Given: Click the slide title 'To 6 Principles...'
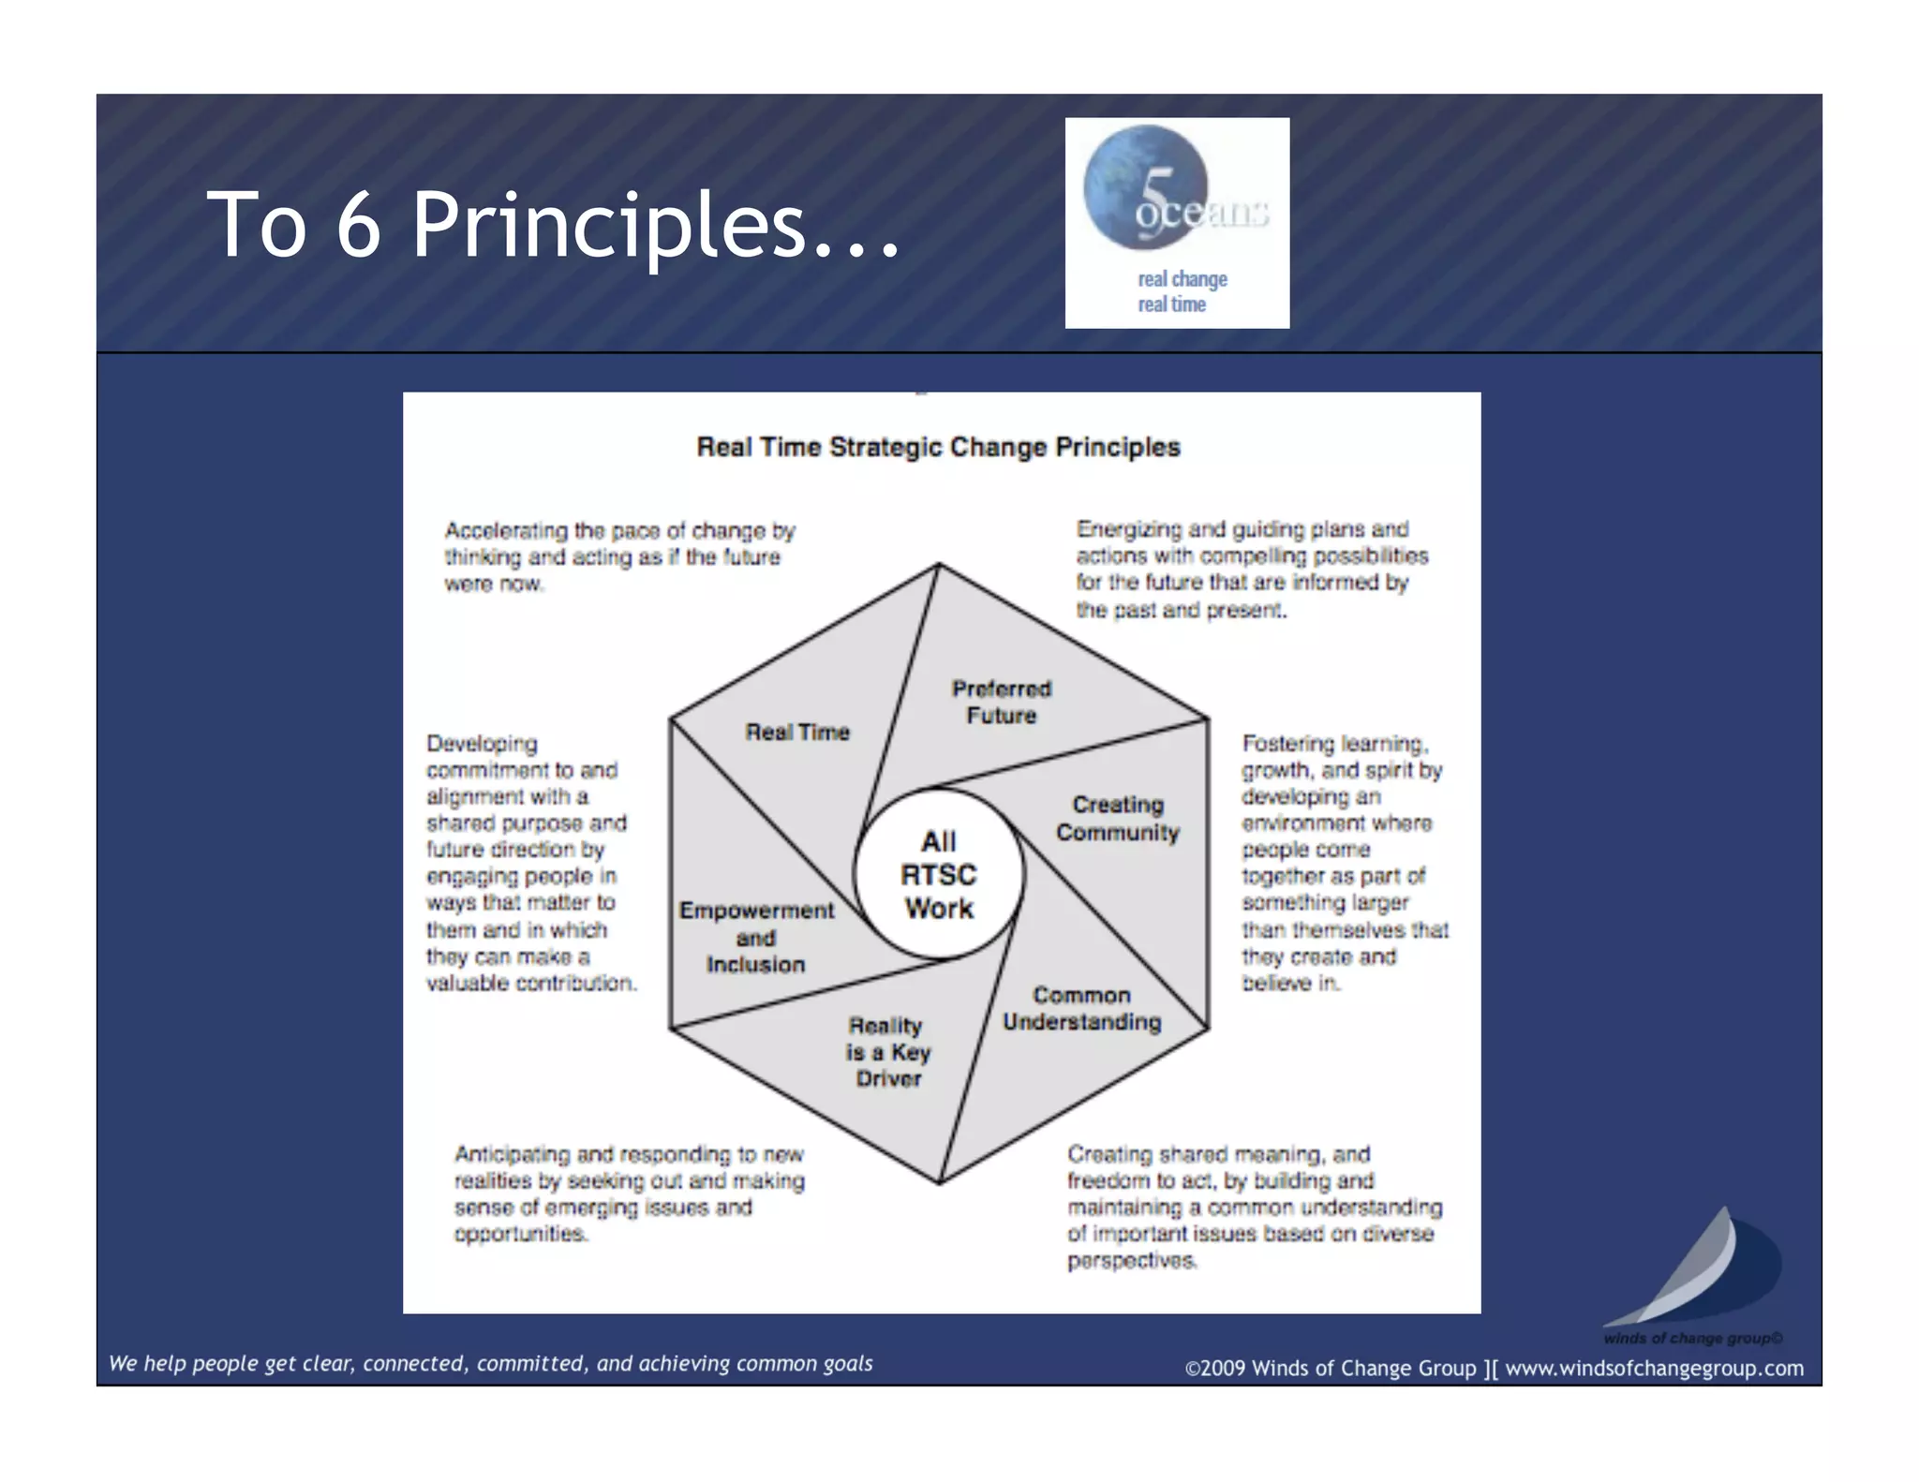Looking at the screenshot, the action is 553,225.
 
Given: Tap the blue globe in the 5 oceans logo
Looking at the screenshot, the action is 1144,185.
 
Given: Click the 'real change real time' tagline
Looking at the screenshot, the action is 1181,291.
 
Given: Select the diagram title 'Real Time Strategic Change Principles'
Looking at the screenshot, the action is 938,447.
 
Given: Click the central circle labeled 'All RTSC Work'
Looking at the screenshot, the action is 939,874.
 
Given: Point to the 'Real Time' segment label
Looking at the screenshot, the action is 797,732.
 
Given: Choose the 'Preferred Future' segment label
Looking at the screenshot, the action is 1002,702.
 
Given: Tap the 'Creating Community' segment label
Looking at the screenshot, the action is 1118,818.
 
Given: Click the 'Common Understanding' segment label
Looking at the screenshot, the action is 1081,1008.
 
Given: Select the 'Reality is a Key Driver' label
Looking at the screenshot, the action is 887,1051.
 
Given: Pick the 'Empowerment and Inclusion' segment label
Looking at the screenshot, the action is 756,937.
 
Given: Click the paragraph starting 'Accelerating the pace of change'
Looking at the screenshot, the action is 618,556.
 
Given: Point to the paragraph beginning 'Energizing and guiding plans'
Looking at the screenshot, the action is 1251,569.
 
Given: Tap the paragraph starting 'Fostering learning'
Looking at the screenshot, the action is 1344,862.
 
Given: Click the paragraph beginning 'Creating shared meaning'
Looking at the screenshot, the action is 1254,1207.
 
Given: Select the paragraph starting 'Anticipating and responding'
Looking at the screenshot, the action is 629,1193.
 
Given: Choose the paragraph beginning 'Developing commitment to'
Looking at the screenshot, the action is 529,862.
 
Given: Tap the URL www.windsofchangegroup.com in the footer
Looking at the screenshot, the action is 1654,1368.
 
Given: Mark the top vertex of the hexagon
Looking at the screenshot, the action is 939,564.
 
